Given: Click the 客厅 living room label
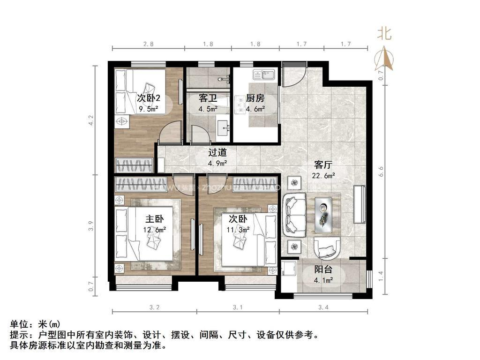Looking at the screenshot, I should pyautogui.click(x=323, y=165).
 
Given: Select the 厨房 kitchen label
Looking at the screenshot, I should pyautogui.click(x=255, y=98).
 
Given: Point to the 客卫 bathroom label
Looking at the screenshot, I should pyautogui.click(x=208, y=98).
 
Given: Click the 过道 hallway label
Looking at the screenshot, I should pyautogui.click(x=217, y=152).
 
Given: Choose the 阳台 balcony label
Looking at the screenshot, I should pyautogui.click(x=323, y=270).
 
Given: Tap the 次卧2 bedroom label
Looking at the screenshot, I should pyautogui.click(x=149, y=98).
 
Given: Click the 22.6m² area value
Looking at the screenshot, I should pyautogui.click(x=323, y=176).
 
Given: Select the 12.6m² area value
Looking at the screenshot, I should pyautogui.click(x=154, y=230).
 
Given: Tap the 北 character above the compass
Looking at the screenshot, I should pyautogui.click(x=384, y=34).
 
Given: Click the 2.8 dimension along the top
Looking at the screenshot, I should pyautogui.click(x=148, y=44).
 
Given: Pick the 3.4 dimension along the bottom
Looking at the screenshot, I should pyautogui.click(x=323, y=307).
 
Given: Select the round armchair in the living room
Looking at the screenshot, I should pyautogui.click(x=326, y=247).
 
